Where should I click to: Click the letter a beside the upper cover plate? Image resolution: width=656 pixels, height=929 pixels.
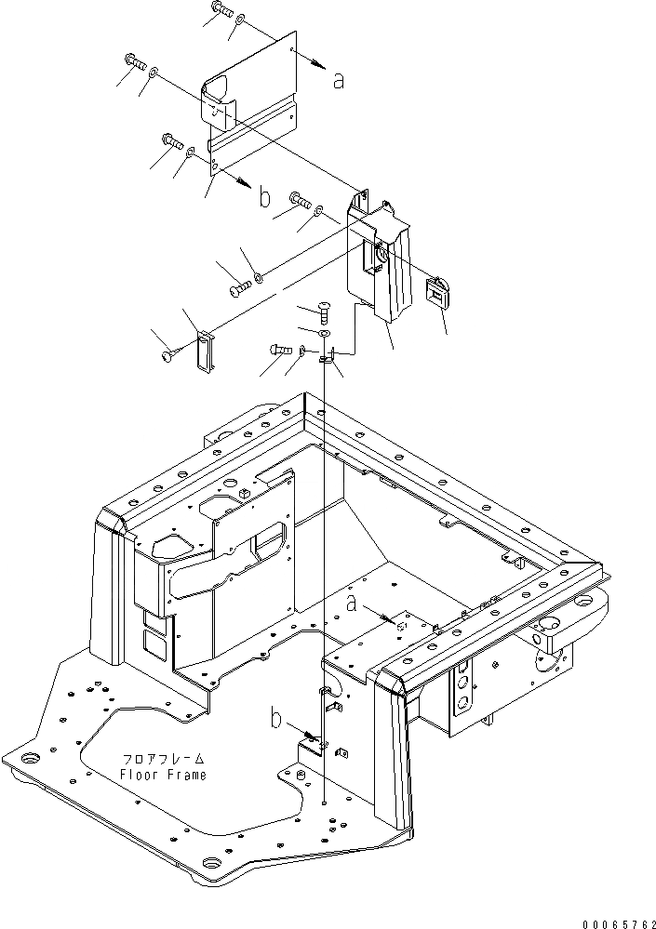(339, 80)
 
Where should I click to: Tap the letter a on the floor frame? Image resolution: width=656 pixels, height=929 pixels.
(352, 604)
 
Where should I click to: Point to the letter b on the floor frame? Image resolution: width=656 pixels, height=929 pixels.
(276, 718)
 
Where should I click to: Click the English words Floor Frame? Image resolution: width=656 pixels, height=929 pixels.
(163, 775)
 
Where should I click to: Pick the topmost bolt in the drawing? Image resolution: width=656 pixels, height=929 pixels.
(221, 11)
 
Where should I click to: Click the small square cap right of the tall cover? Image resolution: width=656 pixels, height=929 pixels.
(437, 292)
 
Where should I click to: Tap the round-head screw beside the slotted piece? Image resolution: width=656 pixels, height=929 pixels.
(169, 353)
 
